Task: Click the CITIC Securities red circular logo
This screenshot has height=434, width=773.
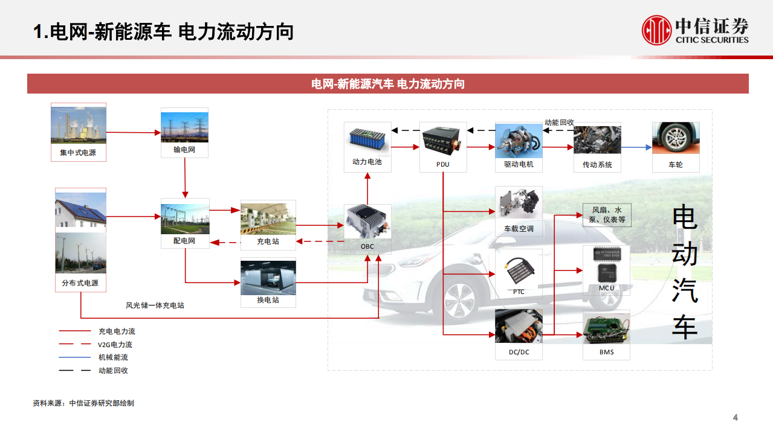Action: pos(656,30)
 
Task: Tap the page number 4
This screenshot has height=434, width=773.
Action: pos(736,418)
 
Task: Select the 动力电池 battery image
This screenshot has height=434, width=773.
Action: pos(367,138)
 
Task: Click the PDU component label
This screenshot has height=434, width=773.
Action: pos(443,164)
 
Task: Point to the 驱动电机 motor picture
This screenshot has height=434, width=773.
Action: pos(519,141)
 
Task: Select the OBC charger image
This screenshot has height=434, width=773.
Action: pos(367,222)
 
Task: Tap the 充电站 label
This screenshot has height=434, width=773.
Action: pos(268,241)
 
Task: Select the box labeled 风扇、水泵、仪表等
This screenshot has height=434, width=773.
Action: pos(606,215)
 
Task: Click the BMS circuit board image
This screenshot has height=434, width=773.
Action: pos(606,328)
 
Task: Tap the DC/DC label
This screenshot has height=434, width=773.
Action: pos(519,352)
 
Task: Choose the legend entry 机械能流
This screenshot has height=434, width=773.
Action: pos(113,357)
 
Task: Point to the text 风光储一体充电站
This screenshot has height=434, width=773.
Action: pos(155,305)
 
